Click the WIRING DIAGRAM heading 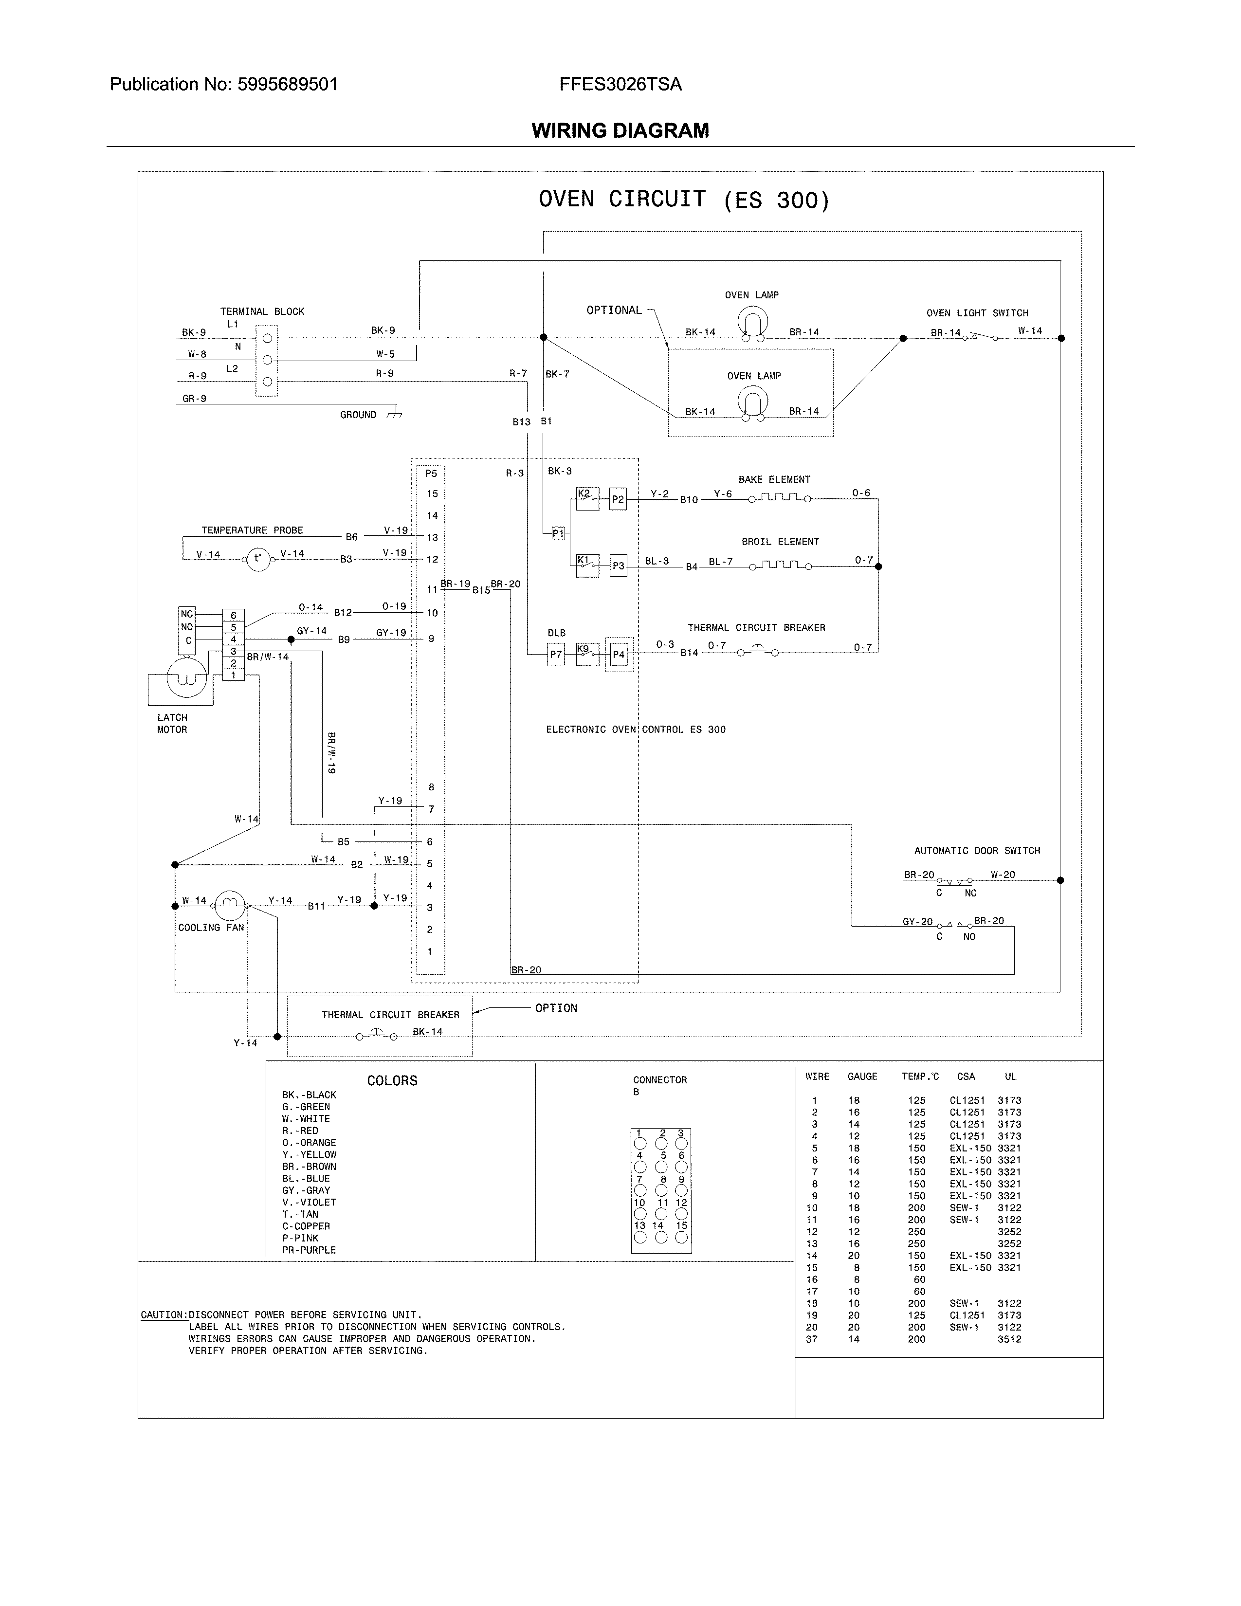pos(620,131)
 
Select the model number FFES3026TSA pos(620,85)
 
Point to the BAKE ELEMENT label pos(774,479)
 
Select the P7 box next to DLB pos(556,655)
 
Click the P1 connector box pos(558,533)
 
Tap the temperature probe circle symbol pos(258,559)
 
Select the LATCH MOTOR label pos(172,724)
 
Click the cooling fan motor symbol pos(230,905)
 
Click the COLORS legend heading pos(392,1081)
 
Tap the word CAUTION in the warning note pos(163,1315)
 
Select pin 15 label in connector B pos(681,1225)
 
